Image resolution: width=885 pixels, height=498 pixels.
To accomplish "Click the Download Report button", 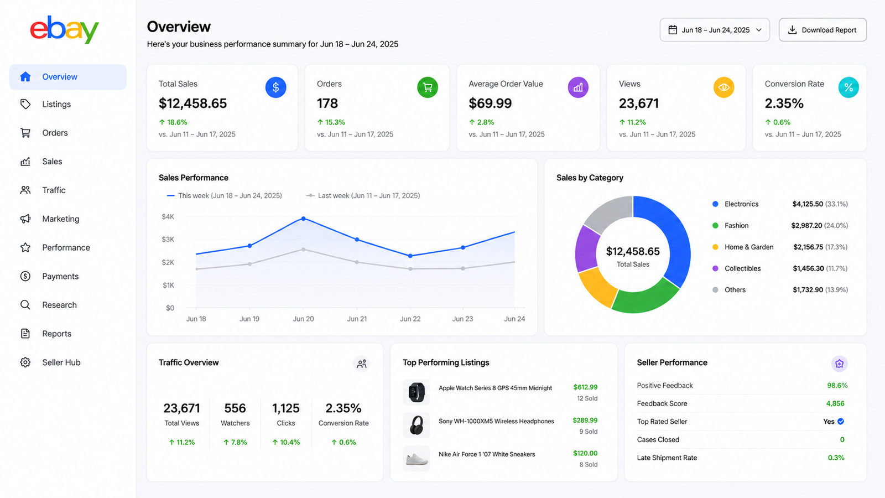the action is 822,30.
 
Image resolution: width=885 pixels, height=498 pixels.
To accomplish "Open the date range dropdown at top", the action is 715,30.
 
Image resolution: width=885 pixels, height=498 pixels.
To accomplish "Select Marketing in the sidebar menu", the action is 60,219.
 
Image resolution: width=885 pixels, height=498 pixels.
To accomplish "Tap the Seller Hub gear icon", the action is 25,362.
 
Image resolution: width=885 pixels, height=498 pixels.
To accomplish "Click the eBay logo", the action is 64,30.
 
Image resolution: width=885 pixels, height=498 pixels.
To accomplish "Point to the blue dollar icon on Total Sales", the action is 276,87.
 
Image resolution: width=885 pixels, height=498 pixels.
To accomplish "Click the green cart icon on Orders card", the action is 428,87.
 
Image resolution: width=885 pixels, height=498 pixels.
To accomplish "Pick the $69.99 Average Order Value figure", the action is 490,103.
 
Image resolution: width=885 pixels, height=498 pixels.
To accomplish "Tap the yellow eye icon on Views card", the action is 724,87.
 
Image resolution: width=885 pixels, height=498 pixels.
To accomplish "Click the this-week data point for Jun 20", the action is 304,219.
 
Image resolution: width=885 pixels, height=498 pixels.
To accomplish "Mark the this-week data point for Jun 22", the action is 410,256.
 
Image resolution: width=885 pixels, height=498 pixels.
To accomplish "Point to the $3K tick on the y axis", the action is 168,239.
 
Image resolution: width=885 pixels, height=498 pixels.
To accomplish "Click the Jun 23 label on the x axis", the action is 462,319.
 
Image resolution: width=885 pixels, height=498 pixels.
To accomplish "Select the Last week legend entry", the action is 363,196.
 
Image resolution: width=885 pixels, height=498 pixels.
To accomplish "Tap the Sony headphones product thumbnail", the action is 417,426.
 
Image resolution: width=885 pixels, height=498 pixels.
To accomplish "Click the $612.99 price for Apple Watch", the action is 585,387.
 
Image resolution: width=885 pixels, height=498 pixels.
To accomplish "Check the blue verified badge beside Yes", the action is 841,421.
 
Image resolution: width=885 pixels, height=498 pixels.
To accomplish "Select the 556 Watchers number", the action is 235,408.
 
